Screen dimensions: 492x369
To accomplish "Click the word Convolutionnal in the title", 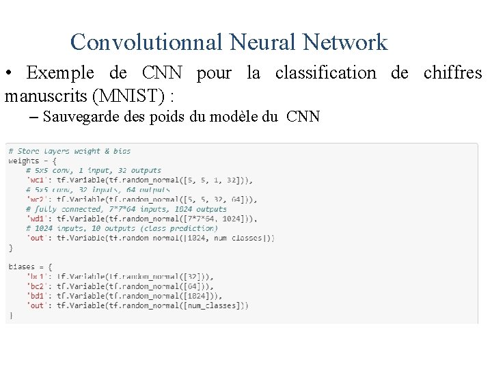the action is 146,42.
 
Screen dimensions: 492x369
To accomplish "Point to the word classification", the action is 325,73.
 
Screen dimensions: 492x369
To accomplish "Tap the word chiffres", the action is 452,73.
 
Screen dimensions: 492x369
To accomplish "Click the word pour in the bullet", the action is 214,73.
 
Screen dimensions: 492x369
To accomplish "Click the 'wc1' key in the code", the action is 36,180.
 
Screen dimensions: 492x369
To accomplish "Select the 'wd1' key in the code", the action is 36,219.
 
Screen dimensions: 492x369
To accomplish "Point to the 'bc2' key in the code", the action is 36,286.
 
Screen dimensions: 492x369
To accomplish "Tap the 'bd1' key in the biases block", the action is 36,296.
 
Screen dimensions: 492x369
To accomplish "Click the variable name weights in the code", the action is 23,161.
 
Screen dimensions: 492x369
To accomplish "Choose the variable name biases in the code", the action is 21,267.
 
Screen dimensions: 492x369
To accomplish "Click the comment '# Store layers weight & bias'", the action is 69,151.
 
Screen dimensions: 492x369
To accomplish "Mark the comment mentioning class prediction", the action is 122,228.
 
